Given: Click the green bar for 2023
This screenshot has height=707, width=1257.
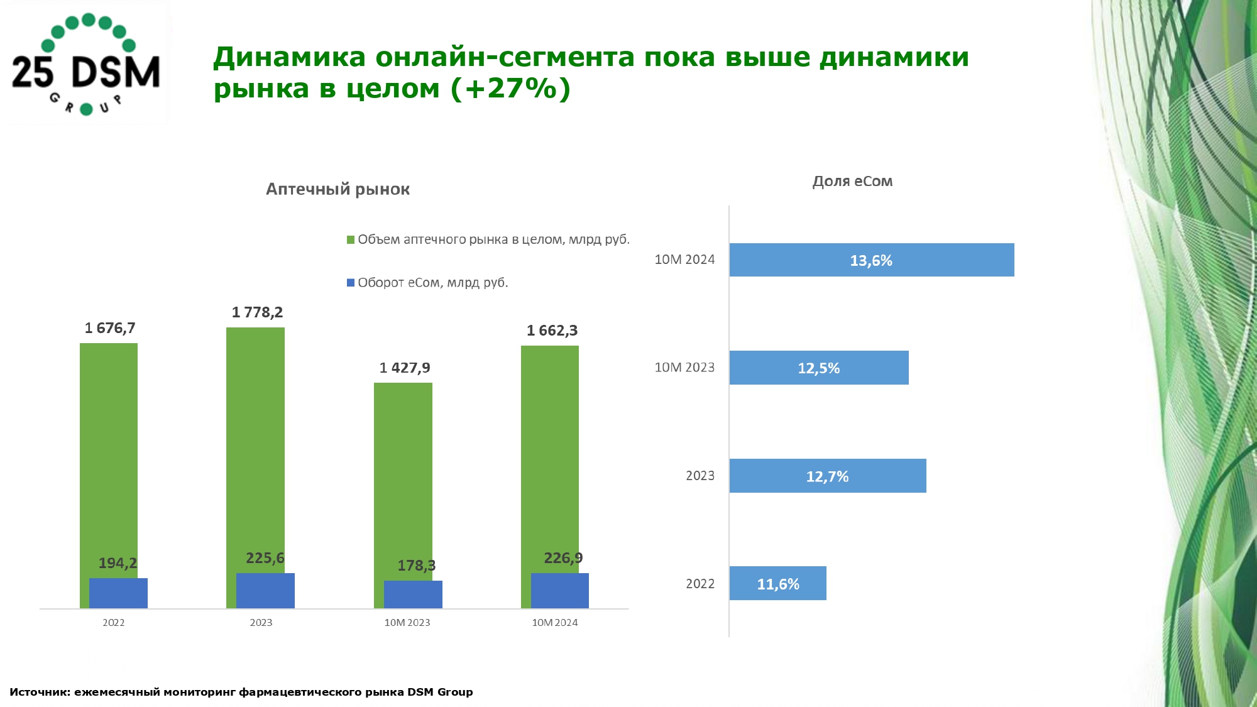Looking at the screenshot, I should tap(255, 440).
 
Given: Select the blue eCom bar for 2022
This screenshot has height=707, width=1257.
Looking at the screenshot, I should tap(118, 593).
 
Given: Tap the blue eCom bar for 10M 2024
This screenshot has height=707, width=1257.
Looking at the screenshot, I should tap(560, 591).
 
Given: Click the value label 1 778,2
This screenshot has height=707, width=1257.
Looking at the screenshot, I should tap(257, 312).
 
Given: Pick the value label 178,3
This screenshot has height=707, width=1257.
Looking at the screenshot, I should tap(416, 566).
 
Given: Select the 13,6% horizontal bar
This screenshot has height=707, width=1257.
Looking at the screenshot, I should tap(871, 260).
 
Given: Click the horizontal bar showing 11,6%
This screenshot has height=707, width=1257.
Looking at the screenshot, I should tap(778, 584).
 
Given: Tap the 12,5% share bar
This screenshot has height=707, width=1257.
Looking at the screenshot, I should tap(819, 368).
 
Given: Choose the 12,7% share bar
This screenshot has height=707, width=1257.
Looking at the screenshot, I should tap(827, 476).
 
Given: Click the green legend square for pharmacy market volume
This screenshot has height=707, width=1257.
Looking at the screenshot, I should tap(351, 240).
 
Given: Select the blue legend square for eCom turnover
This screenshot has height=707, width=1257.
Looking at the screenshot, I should tap(351, 283).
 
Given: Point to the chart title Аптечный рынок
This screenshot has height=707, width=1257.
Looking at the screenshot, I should tap(338, 189).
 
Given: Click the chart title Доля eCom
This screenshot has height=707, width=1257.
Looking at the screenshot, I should tap(852, 182).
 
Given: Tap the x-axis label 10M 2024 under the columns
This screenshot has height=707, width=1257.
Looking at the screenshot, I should tap(554, 623).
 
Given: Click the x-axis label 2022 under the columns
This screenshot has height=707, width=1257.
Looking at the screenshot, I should tap(114, 623).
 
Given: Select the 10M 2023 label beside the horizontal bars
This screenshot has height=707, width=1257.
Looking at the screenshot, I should tap(684, 368).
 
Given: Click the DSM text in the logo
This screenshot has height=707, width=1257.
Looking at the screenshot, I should tap(116, 72).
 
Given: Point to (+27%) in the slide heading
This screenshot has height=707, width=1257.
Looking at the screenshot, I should tap(510, 89).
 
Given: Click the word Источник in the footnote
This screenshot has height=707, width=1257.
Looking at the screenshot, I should tap(39, 692).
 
